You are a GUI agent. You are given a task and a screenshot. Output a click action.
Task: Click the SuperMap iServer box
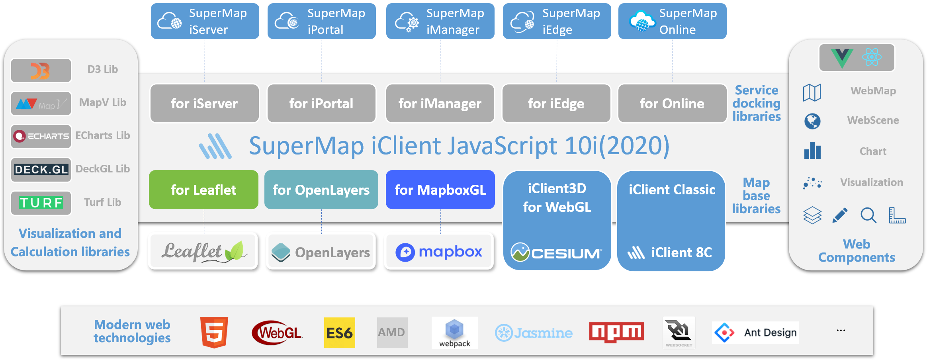point(205,21)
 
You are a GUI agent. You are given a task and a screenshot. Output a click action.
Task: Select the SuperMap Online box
point(672,21)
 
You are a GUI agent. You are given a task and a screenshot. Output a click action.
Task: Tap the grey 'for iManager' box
point(440,104)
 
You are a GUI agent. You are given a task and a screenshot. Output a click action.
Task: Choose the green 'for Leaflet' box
point(203,190)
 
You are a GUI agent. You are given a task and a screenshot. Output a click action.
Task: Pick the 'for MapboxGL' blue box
point(440,190)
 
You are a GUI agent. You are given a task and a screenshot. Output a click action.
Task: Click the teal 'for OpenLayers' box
point(321,190)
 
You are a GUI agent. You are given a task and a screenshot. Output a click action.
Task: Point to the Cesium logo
point(557,252)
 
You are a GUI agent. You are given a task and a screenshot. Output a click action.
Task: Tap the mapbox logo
point(439,252)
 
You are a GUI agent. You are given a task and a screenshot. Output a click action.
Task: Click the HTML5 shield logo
point(214,333)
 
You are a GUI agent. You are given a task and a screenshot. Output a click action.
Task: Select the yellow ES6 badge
point(339,333)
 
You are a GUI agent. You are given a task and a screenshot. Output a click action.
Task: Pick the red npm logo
point(616,332)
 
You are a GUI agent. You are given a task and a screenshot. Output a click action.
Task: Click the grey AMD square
point(392,333)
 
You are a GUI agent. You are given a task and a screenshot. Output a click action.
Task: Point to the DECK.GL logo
point(41,170)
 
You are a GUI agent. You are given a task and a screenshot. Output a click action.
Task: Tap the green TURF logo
point(41,203)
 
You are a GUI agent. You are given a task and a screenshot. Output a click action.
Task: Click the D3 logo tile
point(41,70)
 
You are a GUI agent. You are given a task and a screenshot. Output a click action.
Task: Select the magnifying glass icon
point(868,215)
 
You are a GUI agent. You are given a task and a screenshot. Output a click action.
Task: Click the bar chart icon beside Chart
point(812,151)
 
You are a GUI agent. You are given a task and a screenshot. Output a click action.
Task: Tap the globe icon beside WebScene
point(812,121)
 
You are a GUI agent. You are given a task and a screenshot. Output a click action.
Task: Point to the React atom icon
point(872,57)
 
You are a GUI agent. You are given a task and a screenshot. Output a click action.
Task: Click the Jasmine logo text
point(534,333)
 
